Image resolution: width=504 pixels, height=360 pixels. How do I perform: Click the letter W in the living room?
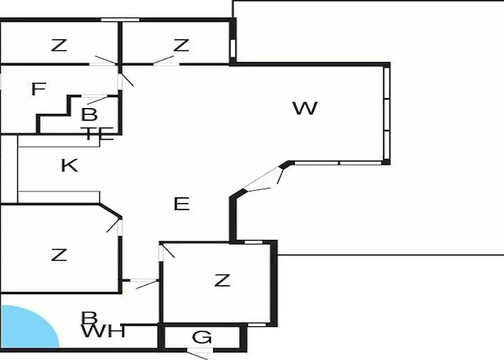pos(305,108)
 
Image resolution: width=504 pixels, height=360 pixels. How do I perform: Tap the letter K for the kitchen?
pos(69,166)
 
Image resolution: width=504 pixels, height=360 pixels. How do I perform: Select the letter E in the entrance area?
pos(181,204)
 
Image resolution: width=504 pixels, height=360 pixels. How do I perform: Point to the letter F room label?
pos(39,89)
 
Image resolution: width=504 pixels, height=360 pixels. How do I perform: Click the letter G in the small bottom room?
pos(202,337)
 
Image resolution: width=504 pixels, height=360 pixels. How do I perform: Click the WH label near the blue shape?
pos(103,331)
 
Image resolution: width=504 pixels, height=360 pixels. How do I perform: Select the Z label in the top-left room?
pos(59,45)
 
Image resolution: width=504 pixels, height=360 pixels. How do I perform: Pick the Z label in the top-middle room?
pos(181,45)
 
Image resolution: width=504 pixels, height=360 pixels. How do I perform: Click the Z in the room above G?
pos(222,280)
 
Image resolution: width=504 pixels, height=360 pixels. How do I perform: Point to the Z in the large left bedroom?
pos(59,255)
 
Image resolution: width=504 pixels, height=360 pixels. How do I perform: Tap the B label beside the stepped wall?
pos(89,114)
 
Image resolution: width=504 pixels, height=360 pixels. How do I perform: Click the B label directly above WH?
pos(89,318)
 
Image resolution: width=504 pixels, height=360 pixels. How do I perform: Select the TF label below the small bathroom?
pos(97,134)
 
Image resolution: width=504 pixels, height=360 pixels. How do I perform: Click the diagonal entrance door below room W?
pos(262,179)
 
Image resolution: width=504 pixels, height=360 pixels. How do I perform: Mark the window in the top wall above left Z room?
pos(120,20)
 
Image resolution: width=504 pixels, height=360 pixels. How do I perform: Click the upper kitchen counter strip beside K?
pos(59,141)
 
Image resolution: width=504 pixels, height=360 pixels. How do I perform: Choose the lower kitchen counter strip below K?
pos(59,197)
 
